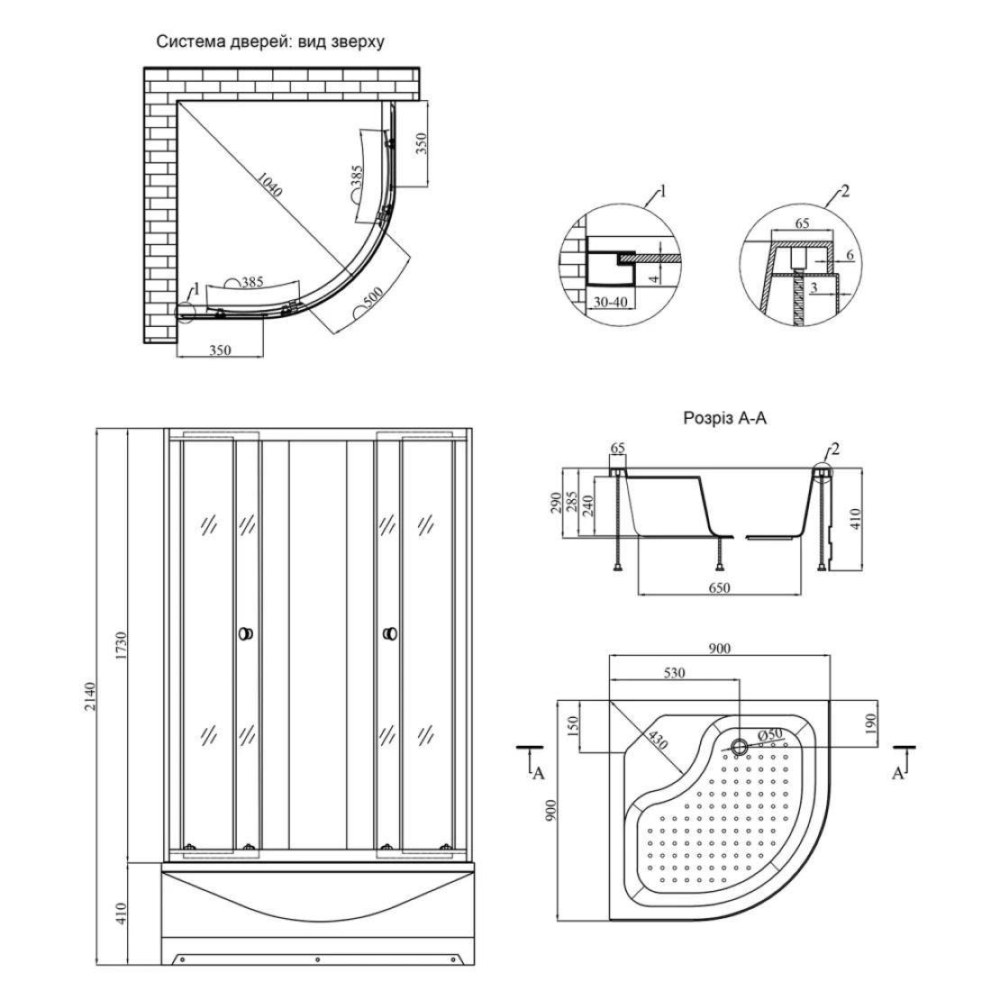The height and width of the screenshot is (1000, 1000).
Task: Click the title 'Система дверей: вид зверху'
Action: tap(270, 42)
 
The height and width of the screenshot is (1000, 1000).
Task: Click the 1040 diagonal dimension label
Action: tap(269, 185)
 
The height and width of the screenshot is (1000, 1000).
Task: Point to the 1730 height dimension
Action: tap(123, 646)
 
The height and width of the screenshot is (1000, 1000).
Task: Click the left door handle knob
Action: tap(245, 634)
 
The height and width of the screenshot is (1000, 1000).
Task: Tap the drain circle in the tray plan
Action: tap(739, 746)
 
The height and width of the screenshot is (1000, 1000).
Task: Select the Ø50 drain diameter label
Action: tap(769, 735)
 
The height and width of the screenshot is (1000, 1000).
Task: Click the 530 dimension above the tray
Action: tap(674, 673)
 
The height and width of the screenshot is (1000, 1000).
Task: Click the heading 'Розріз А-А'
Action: tap(724, 418)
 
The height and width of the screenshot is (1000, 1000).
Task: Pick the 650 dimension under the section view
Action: tap(719, 588)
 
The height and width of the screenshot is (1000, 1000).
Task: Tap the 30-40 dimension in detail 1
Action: tap(610, 303)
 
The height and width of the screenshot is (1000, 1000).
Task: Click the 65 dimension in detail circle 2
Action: tap(803, 223)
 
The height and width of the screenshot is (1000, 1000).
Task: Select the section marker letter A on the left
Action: tap(538, 774)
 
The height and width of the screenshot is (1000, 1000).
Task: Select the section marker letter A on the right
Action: tap(898, 774)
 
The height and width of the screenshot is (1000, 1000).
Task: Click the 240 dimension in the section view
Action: tap(588, 505)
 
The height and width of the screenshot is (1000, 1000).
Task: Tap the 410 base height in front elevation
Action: tap(123, 914)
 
